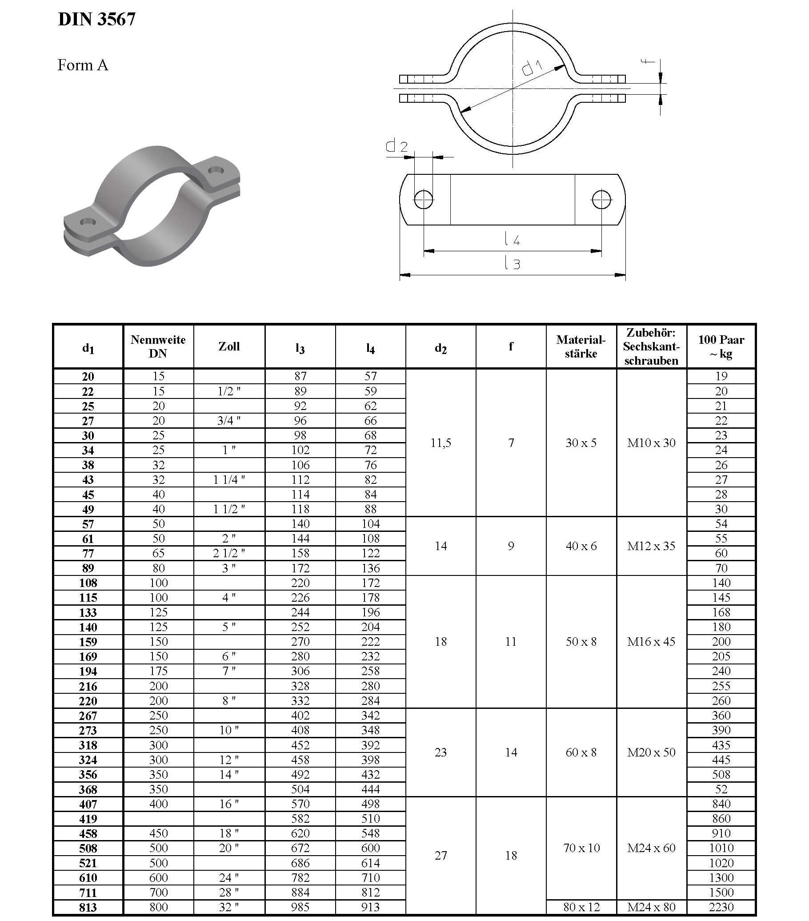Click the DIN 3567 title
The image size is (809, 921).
click(96, 19)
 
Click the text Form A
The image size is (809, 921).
click(82, 65)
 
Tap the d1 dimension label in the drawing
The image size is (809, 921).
click(532, 67)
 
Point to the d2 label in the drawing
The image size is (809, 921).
click(396, 145)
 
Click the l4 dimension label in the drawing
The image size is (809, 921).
click(512, 239)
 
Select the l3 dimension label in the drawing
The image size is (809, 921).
click(512, 263)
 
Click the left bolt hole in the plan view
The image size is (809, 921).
click(423, 199)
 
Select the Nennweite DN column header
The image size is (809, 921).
click(158, 346)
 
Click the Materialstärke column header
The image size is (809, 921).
click(581, 346)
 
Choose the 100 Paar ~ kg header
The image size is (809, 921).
click(721, 346)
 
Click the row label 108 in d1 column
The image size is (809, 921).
click(88, 583)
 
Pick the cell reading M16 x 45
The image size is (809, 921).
click(651, 642)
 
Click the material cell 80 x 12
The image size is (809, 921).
click(581, 907)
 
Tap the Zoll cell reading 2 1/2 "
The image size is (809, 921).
click(229, 553)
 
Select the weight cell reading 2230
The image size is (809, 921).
click(721, 907)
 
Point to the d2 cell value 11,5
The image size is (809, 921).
click(441, 443)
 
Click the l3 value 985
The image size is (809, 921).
click(300, 907)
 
